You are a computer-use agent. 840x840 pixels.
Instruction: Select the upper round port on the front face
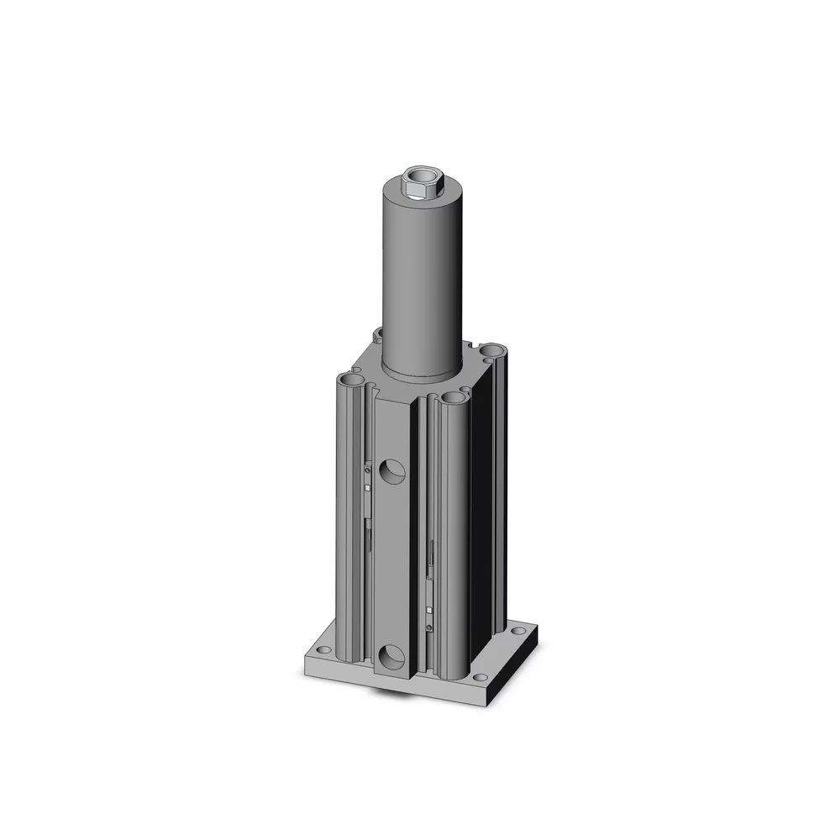point(391,473)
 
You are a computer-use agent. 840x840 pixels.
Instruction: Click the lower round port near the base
point(391,656)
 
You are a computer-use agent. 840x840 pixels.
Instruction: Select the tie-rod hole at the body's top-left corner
point(353,381)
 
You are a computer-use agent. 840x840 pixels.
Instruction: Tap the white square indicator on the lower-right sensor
point(429,611)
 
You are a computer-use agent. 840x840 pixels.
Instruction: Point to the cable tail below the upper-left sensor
point(369,534)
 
